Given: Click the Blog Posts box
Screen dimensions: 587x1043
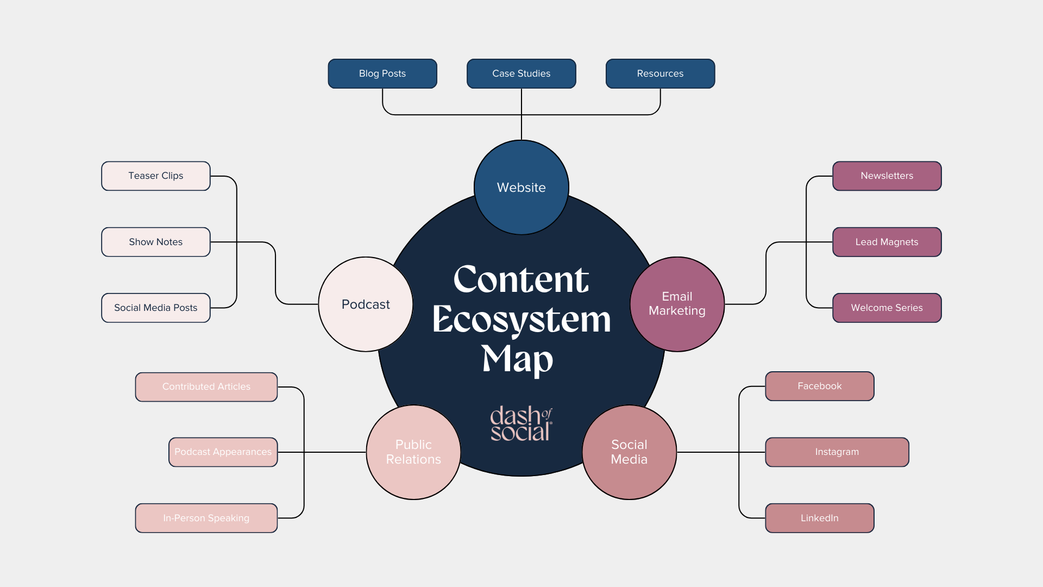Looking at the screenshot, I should (382, 73).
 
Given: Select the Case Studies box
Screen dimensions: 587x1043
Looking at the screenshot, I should (521, 73).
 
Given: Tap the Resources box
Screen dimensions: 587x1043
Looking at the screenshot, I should (660, 73).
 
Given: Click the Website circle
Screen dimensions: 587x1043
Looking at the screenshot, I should (521, 188).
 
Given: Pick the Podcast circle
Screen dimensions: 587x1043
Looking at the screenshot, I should (366, 304).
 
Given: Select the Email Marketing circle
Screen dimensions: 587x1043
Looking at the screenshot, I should (677, 304).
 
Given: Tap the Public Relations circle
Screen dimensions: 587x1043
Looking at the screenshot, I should (413, 452).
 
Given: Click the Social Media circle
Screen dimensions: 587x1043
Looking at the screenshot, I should (629, 452).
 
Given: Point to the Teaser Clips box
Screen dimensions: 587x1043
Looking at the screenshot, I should (156, 176).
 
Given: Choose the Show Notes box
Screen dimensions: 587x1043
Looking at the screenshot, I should (156, 242).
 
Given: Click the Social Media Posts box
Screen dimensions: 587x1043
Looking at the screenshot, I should (156, 308).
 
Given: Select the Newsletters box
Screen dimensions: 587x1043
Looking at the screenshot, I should (887, 176).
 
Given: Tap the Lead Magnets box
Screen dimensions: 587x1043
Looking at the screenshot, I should (887, 242).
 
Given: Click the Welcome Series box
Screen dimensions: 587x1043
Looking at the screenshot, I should (887, 308).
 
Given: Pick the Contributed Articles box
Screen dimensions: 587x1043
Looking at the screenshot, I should (206, 386).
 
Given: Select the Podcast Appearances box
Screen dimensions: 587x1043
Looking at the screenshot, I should (223, 452).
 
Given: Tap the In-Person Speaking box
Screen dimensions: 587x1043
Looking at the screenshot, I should (206, 518).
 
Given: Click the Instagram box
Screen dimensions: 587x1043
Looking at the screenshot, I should (837, 452).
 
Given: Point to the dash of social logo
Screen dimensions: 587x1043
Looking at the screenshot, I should (521, 423).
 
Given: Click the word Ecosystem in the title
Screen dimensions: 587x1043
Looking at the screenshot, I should (521, 320).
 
